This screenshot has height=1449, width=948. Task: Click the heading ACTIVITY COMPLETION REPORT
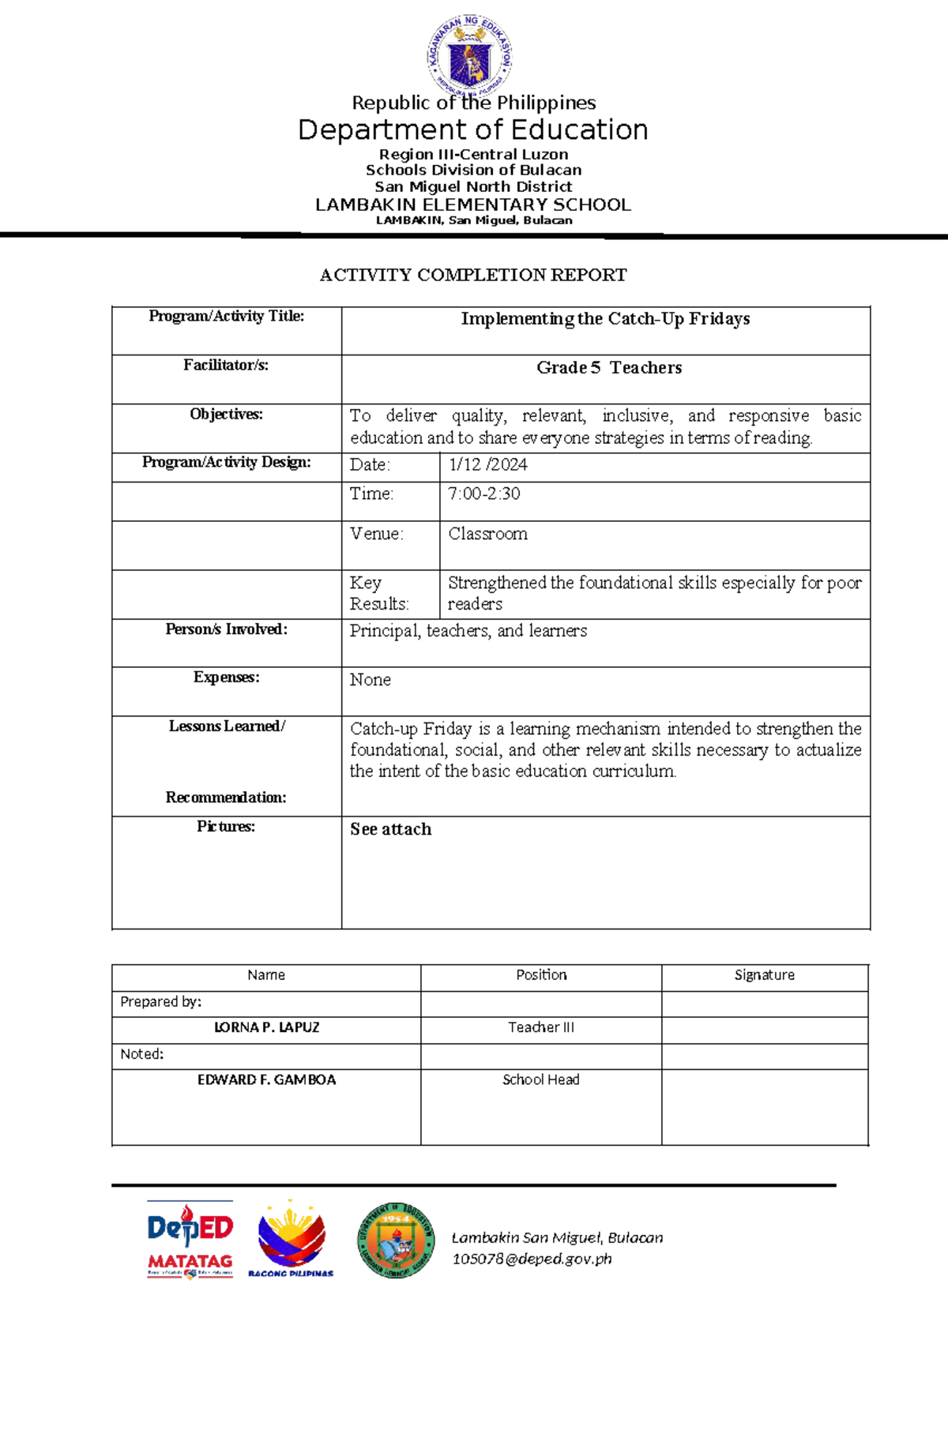[473, 275]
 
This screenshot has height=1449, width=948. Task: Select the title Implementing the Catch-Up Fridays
[605, 319]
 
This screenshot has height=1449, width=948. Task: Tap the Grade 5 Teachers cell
[608, 368]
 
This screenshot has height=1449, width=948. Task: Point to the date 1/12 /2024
[487, 465]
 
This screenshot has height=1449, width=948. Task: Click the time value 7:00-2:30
[483, 494]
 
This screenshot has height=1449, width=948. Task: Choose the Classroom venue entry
[487, 534]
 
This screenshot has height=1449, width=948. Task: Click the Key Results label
[378, 593]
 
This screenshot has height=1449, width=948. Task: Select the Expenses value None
[370, 680]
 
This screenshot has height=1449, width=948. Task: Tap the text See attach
[390, 829]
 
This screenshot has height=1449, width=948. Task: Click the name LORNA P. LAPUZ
[266, 1027]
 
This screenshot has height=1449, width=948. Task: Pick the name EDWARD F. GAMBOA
[266, 1079]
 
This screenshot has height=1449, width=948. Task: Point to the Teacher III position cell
[540, 1027]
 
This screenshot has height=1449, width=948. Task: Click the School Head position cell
[540, 1079]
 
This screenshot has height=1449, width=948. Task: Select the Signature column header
[764, 975]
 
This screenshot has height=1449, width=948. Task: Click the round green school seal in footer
[395, 1241]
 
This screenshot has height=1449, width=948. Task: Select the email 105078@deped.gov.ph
[532, 1259]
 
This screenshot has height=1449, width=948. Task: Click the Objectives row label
[226, 415]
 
